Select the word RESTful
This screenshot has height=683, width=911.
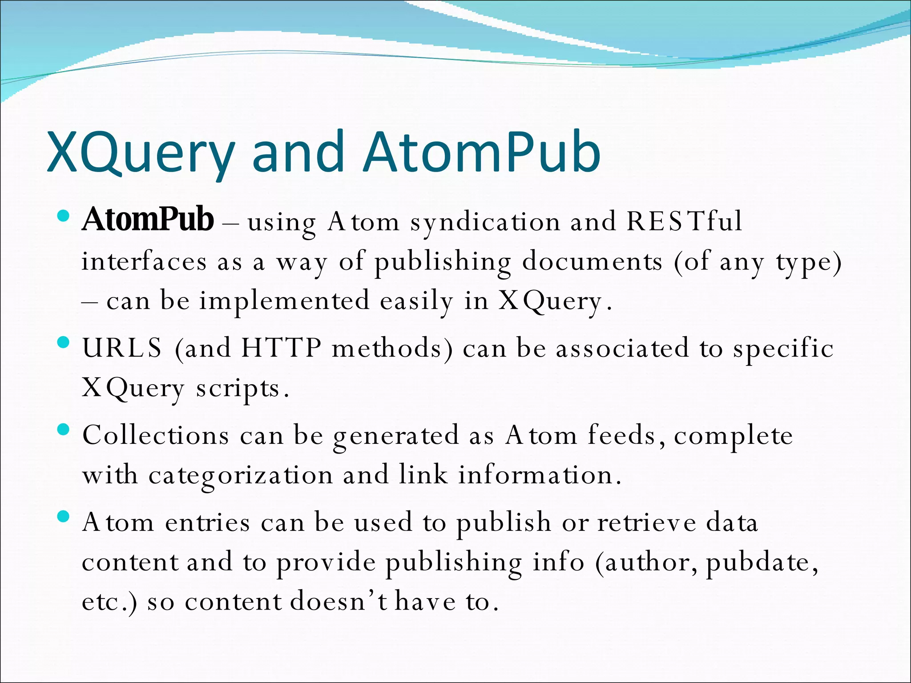[x=684, y=221]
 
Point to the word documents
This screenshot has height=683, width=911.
[x=592, y=261]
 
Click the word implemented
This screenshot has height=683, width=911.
[x=284, y=301]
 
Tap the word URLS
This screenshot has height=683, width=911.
[x=122, y=348]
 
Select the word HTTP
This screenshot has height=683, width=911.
[x=281, y=348]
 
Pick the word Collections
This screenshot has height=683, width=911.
[x=156, y=435]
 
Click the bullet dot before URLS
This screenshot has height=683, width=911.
[x=64, y=342]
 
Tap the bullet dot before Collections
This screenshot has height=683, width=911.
[x=64, y=430]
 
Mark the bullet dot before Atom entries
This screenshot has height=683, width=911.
[x=64, y=517]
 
